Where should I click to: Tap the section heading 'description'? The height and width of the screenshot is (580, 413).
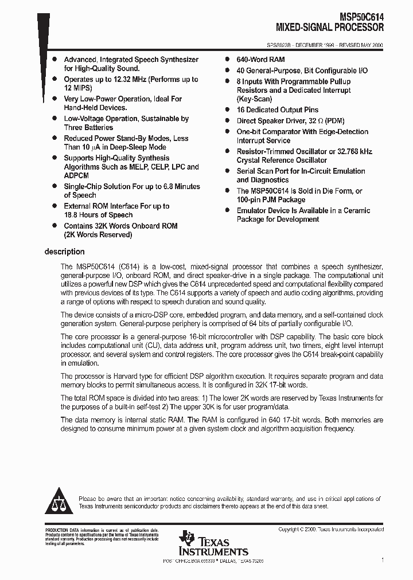click(65, 252)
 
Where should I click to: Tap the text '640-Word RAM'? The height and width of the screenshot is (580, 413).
click(261, 60)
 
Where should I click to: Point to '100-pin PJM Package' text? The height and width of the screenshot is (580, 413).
click(271, 199)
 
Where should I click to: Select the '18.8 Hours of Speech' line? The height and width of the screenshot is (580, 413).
click(98, 214)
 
